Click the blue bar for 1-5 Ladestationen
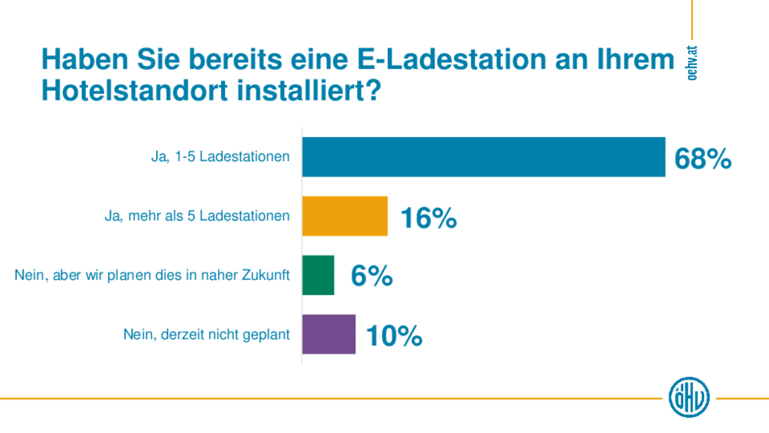(483, 157)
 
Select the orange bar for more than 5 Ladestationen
(344, 216)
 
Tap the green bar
(318, 275)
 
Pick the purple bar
(328, 334)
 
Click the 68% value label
(703, 159)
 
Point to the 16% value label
(428, 218)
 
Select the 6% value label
(371, 277)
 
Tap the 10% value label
(394, 336)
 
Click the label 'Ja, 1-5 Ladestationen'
(220, 157)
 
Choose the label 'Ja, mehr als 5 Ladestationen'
(197, 216)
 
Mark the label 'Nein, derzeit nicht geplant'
(206, 335)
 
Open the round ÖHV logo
(689, 397)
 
